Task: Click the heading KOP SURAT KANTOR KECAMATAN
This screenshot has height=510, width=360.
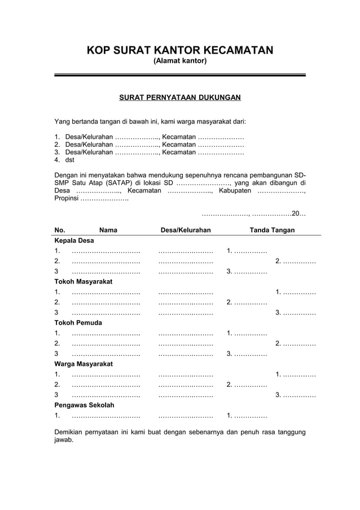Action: (x=179, y=50)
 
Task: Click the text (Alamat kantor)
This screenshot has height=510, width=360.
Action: (x=180, y=60)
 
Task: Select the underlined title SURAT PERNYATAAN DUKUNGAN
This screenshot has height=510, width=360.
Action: (x=180, y=98)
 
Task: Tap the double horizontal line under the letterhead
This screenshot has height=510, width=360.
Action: (x=179, y=75)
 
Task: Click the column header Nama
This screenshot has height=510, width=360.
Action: (x=108, y=230)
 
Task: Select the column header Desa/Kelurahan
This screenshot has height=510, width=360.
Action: (x=186, y=230)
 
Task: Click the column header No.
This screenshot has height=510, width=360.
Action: (x=60, y=230)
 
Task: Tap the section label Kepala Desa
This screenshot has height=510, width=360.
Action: (x=74, y=241)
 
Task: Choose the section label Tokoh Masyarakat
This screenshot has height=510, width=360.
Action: (x=83, y=281)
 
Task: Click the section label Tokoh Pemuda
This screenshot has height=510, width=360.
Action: (x=78, y=322)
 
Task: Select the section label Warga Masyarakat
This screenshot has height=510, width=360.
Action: (x=83, y=364)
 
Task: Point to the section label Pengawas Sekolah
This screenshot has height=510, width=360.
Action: (x=84, y=405)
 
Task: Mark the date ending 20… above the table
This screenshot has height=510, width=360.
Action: (x=253, y=214)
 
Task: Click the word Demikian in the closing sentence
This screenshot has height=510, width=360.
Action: (x=70, y=432)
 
